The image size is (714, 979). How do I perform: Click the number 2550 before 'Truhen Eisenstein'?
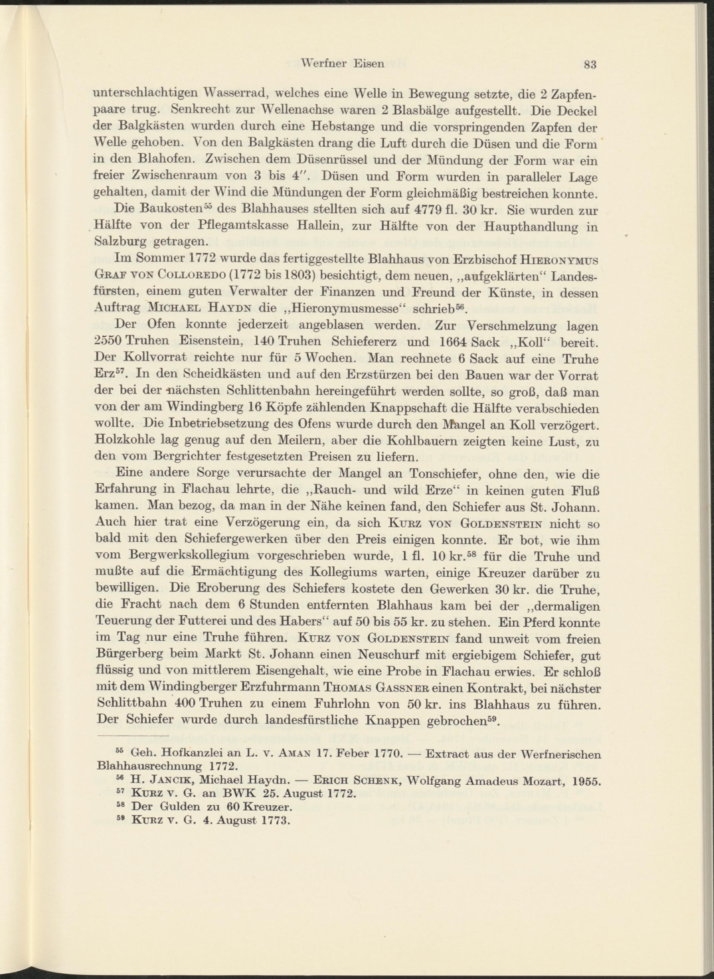pos(108,342)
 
